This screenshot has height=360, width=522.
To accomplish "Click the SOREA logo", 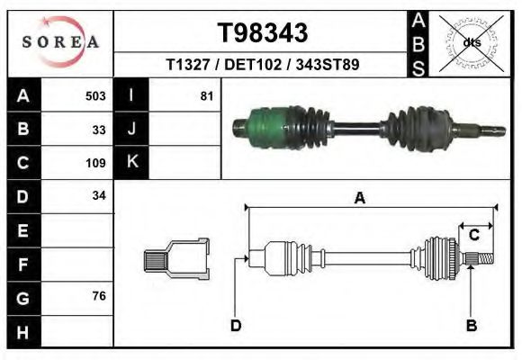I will [x=60, y=42].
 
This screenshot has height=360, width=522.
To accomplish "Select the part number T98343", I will [x=263, y=32].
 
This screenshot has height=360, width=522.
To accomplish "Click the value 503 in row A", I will [x=94, y=96].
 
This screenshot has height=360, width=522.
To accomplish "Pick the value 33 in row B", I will [x=99, y=130].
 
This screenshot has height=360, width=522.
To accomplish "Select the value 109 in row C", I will [x=94, y=163].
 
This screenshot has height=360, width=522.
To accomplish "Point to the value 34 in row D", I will [x=99, y=196].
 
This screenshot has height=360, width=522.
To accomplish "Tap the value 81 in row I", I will [x=206, y=96].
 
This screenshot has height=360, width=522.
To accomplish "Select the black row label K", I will [x=131, y=162].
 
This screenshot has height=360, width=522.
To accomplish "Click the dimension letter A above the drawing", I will [x=359, y=199].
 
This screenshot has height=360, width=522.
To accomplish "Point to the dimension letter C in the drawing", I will [x=473, y=235].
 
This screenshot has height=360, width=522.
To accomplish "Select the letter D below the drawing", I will [x=236, y=325].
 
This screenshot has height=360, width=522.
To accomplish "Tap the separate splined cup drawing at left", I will [x=176, y=259].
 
